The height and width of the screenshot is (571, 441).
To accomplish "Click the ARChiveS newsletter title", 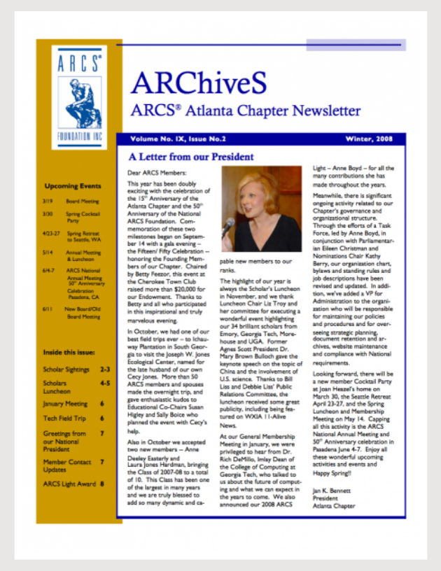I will [x=199, y=83].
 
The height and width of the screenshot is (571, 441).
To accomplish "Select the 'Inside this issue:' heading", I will [x=69, y=352].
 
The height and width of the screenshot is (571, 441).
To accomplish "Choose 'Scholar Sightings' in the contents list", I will [x=66, y=368].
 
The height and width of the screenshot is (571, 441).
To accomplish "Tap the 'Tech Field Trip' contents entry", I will [x=65, y=418].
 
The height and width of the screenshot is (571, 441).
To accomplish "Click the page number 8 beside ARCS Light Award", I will [x=102, y=483].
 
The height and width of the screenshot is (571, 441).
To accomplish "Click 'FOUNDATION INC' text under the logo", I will [x=78, y=136].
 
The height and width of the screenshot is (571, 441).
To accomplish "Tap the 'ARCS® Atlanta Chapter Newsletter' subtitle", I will [x=245, y=111].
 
